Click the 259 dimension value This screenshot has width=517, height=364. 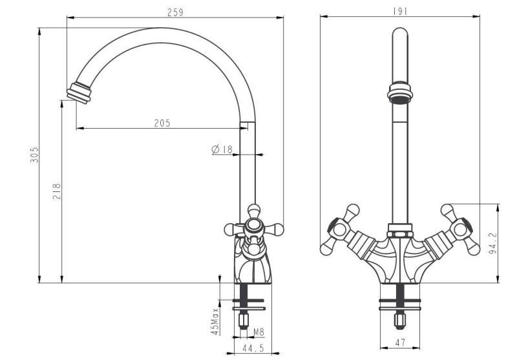tap(174, 12)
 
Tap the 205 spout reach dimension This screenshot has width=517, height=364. tap(162, 123)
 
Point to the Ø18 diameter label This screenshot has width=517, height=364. tap(222, 149)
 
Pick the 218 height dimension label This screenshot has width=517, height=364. tap(57, 191)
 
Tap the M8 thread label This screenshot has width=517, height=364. tap(258, 332)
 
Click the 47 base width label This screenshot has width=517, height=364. tap(401, 343)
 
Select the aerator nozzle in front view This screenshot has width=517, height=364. tap(401, 92)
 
